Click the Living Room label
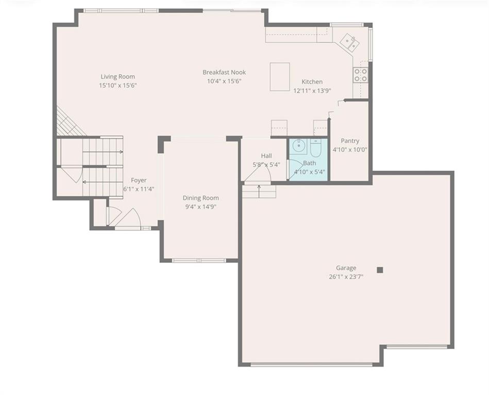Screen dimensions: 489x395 117,77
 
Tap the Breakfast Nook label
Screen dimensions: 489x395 224,72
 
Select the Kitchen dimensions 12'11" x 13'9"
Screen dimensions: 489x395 312,91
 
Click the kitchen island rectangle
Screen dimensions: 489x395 280,77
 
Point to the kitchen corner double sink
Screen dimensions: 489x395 349,42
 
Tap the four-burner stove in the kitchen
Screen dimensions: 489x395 360,75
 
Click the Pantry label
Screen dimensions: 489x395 350,141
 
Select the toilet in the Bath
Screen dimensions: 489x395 315,148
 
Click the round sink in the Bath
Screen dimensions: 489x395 299,146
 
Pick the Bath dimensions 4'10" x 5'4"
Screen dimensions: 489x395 310,171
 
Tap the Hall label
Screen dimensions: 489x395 266,156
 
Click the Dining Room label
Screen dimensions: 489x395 200,198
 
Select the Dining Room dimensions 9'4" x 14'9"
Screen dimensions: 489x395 200,207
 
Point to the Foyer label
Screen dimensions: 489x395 139,180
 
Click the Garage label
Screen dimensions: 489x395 346,267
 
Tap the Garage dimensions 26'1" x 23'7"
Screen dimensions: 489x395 346,276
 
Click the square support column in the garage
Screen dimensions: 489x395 380,270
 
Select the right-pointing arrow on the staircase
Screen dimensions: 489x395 103,152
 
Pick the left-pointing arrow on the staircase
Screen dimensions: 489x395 103,182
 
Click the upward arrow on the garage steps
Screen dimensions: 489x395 259,191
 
